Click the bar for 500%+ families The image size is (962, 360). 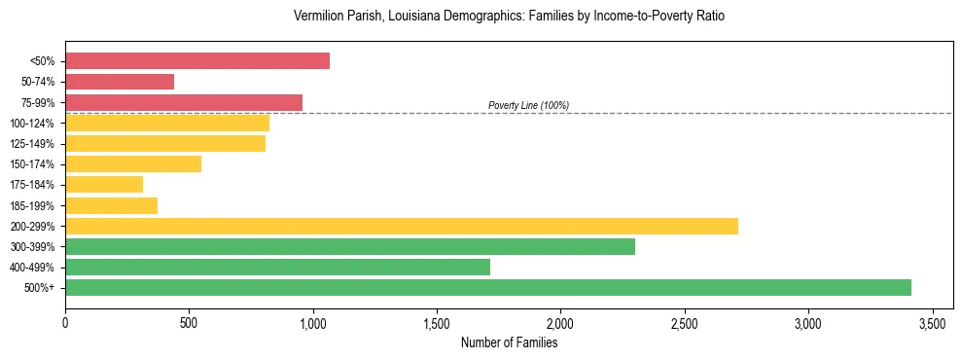pyautogui.click(x=488, y=287)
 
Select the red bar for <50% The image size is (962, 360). pyautogui.click(x=197, y=61)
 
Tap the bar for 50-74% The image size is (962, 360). pyautogui.click(x=120, y=82)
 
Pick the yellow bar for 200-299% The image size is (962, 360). pyautogui.click(x=402, y=226)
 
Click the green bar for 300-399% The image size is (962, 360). pyautogui.click(x=350, y=246)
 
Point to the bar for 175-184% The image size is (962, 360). pyautogui.click(x=104, y=184)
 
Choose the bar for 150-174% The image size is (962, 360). pyautogui.click(x=133, y=163)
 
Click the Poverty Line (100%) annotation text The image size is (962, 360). pyautogui.click(x=528, y=105)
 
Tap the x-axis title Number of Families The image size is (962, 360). pyautogui.click(x=509, y=342)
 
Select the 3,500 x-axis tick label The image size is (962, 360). pyautogui.click(x=932, y=322)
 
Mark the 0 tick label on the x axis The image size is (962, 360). pyautogui.click(x=65, y=322)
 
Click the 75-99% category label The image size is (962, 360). pyautogui.click(x=38, y=103)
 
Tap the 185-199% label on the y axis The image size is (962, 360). pyautogui.click(x=34, y=206)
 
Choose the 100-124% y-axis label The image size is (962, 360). pyautogui.click(x=34, y=124)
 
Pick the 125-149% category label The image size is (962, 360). pyautogui.click(x=34, y=144)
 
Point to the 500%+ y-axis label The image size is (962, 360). pyautogui.click(x=41, y=288)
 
